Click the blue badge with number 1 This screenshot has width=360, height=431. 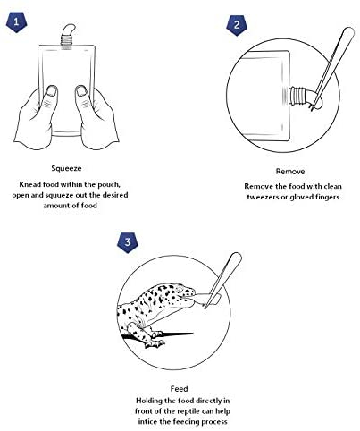[x=16, y=21]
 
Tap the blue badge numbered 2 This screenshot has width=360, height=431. [x=237, y=25]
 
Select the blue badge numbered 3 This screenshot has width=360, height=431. [x=128, y=242]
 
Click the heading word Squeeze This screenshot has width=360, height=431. [x=66, y=169]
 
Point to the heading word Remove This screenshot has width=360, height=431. [x=290, y=172]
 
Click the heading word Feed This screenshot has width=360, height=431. [x=179, y=389]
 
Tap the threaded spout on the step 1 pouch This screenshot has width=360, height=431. [x=67, y=40]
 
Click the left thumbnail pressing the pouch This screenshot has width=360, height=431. [x=53, y=91]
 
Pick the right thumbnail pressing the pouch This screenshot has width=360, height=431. [x=81, y=91]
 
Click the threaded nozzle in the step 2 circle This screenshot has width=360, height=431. [x=297, y=96]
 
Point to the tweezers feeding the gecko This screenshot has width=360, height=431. [x=224, y=279]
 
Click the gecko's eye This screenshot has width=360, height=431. [x=180, y=290]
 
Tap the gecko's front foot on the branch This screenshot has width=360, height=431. [x=155, y=342]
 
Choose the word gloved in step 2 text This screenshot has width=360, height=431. [x=301, y=198]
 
